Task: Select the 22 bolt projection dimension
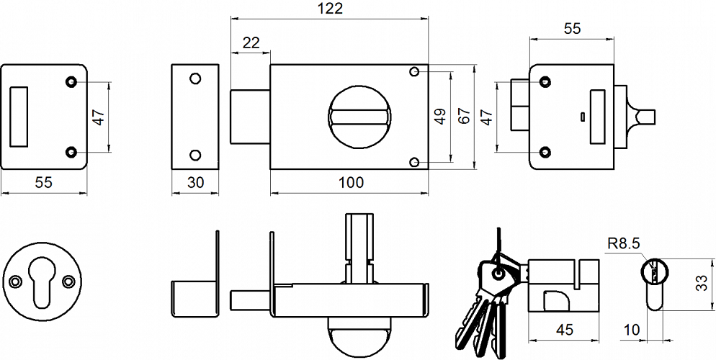point(251,42)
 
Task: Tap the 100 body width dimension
point(350,183)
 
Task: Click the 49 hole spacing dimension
point(441,116)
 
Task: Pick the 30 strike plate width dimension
point(194,183)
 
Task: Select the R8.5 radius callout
point(623,244)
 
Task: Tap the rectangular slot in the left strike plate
point(19,117)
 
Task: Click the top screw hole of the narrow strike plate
point(194,78)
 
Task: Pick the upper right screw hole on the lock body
point(414,72)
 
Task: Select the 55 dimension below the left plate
point(43,183)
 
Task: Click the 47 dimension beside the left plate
point(99,116)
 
